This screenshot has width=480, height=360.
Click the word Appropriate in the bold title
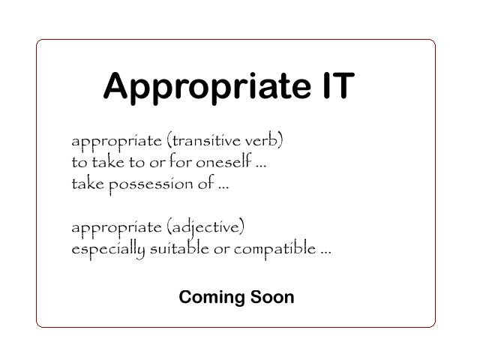click(x=202, y=87)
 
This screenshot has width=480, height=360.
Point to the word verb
click(x=268, y=141)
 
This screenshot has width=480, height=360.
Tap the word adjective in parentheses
click(x=207, y=227)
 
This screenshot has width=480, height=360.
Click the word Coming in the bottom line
click(x=207, y=298)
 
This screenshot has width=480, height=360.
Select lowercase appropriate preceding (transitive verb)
click(x=116, y=142)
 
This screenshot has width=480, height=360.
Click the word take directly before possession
click(x=87, y=183)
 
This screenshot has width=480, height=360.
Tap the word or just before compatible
click(x=222, y=249)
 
